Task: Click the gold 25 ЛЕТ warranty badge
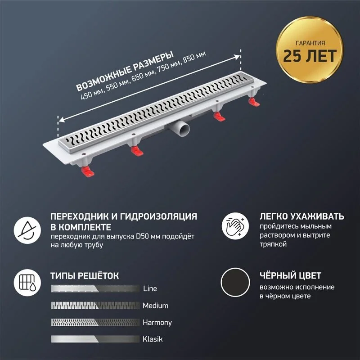tap(310, 49)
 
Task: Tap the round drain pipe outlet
tap(183, 129)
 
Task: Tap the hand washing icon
tap(235, 226)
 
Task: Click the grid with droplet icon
tap(27, 283)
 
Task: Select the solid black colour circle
tap(235, 283)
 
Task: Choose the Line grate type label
tap(150, 288)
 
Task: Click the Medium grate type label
tap(155, 306)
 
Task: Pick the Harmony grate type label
tap(157, 323)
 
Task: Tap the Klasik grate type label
tap(153, 339)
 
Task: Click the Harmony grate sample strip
tap(95, 322)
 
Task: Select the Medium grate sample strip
tap(95, 306)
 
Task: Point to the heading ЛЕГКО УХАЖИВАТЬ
tap(302, 216)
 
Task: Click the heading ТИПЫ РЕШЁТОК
tap(85, 275)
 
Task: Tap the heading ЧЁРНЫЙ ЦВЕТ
tap(290, 275)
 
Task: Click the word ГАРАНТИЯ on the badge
tap(310, 43)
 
